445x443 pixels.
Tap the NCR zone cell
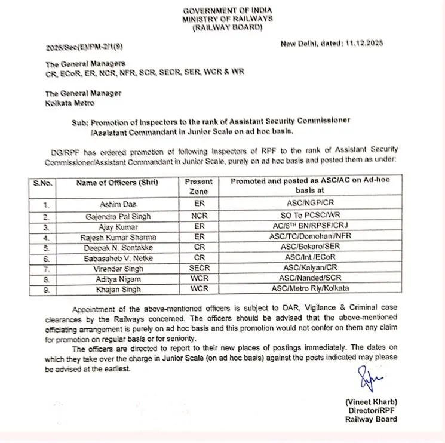point(198,216)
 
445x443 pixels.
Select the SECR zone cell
point(198,268)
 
